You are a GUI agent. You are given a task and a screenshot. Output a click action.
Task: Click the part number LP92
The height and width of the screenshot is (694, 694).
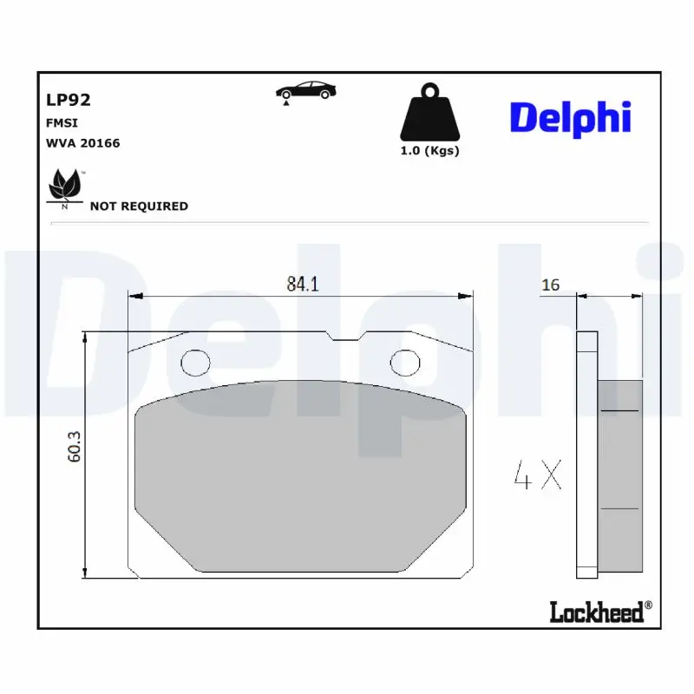[69, 100]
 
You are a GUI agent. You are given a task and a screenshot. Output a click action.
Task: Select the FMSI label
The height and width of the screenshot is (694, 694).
[62, 123]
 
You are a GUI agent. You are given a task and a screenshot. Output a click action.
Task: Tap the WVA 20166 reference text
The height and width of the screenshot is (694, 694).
[82, 143]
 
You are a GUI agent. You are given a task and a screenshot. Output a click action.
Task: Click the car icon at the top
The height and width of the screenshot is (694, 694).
[305, 92]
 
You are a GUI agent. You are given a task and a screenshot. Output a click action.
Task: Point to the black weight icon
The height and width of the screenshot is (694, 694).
[429, 112]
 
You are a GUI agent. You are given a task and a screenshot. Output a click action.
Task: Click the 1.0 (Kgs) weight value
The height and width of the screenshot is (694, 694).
[429, 151]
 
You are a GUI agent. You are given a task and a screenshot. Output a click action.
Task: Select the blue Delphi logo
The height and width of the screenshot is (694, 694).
[570, 119]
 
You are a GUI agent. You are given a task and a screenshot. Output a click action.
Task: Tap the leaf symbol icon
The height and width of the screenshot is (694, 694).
[66, 187]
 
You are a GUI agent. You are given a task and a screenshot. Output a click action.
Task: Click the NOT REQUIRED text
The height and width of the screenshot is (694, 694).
[139, 206]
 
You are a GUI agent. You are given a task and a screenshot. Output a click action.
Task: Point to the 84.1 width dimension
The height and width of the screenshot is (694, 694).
[303, 285]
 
